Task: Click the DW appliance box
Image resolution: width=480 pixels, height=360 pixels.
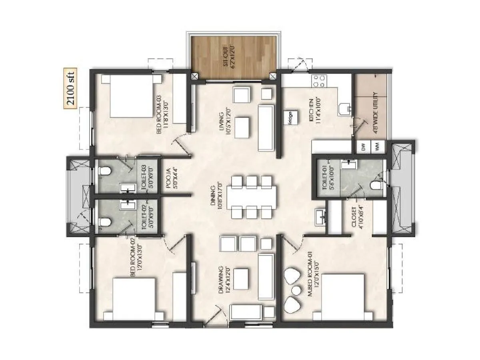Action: coord(364,147)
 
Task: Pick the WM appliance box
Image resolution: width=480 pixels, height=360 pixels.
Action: coord(378,147)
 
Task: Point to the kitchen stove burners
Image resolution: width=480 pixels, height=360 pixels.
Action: coord(319,81)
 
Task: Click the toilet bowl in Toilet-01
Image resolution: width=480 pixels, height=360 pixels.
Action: coord(375,185)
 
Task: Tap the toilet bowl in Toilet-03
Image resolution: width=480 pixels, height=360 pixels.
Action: coord(104,172)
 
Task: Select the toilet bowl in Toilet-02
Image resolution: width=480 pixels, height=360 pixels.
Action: coord(104,222)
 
